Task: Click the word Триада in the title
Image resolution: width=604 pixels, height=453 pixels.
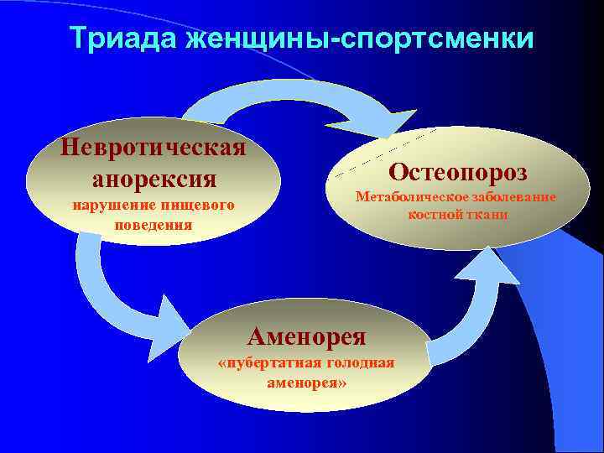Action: coord(122,39)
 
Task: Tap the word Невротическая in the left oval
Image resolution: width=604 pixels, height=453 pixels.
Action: coord(153,148)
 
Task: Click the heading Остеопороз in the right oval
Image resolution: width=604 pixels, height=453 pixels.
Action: coord(458,172)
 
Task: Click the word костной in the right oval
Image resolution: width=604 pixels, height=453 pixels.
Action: coord(435,215)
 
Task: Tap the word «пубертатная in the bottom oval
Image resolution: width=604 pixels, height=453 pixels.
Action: coord(267,363)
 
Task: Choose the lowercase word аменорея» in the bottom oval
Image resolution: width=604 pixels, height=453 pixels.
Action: coord(306,382)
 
